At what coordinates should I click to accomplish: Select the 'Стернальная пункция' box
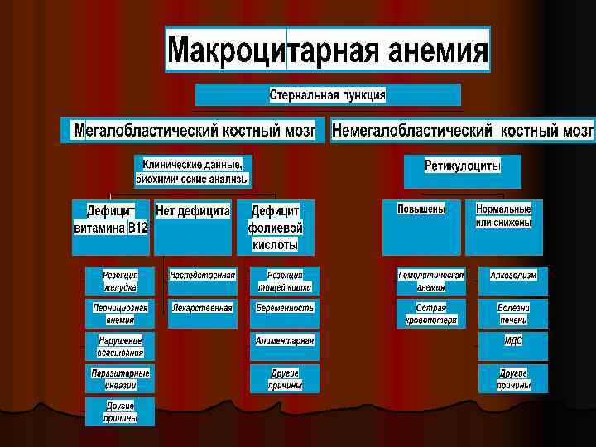[328, 94]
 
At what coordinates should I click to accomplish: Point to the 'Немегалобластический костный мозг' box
[462, 130]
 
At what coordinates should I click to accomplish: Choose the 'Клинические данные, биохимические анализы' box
[194, 171]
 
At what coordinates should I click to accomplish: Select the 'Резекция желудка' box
[119, 281]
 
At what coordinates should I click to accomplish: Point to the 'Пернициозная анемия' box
[119, 314]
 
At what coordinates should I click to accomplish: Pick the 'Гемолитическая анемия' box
[430, 281]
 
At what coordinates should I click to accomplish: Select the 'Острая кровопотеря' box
[430, 314]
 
